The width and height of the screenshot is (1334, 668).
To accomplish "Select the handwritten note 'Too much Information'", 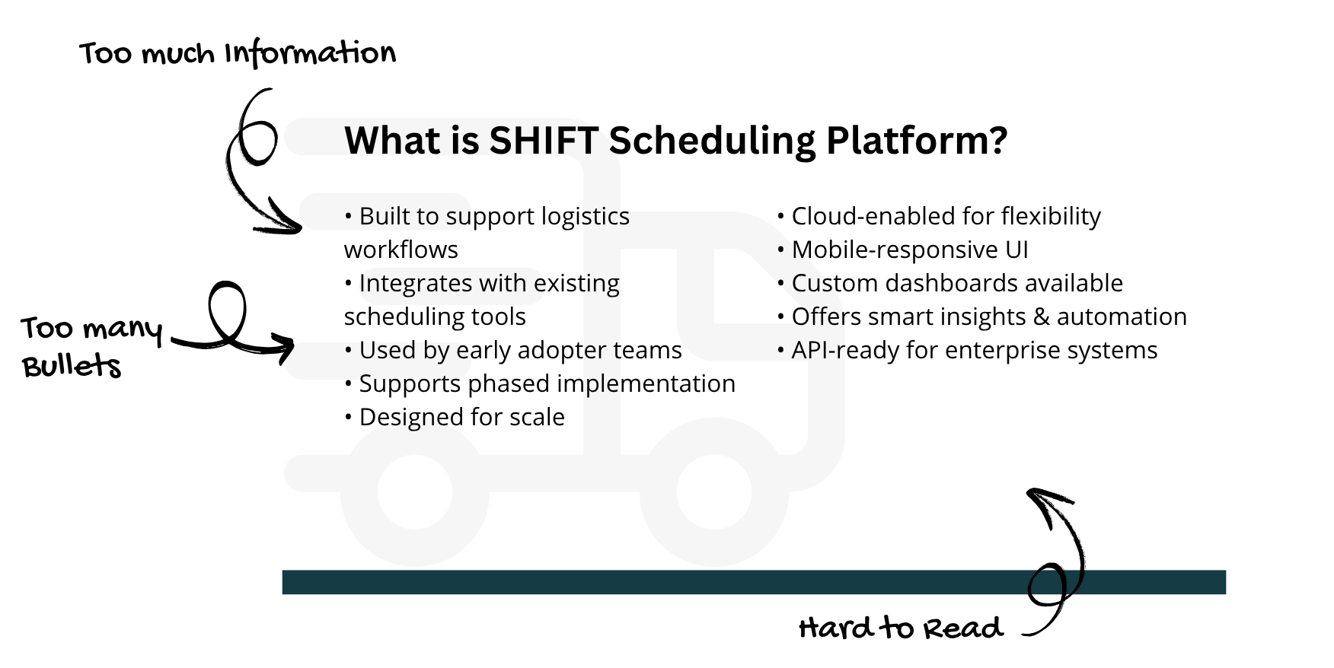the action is click(x=238, y=53).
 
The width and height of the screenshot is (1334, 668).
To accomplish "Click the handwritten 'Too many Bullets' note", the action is click(x=91, y=346).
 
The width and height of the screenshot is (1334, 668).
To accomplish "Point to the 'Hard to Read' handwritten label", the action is click(x=901, y=628).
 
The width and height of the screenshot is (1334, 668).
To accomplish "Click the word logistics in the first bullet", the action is click(x=585, y=217).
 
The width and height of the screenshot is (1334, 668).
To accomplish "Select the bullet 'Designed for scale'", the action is click(x=455, y=417).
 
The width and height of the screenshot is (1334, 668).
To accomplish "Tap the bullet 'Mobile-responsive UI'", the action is click(x=903, y=250).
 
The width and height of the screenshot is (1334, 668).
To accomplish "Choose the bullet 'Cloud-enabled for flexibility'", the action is click(x=939, y=216).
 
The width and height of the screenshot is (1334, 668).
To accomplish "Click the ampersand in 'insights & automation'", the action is click(x=1041, y=317).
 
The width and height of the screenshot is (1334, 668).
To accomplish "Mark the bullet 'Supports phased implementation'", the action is click(x=540, y=383).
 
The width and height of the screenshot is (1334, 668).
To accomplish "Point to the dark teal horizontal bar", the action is click(x=754, y=582).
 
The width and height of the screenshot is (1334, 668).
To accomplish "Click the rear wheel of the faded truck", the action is click(x=415, y=493).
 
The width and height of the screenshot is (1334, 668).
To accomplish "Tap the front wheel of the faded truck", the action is click(x=713, y=493).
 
